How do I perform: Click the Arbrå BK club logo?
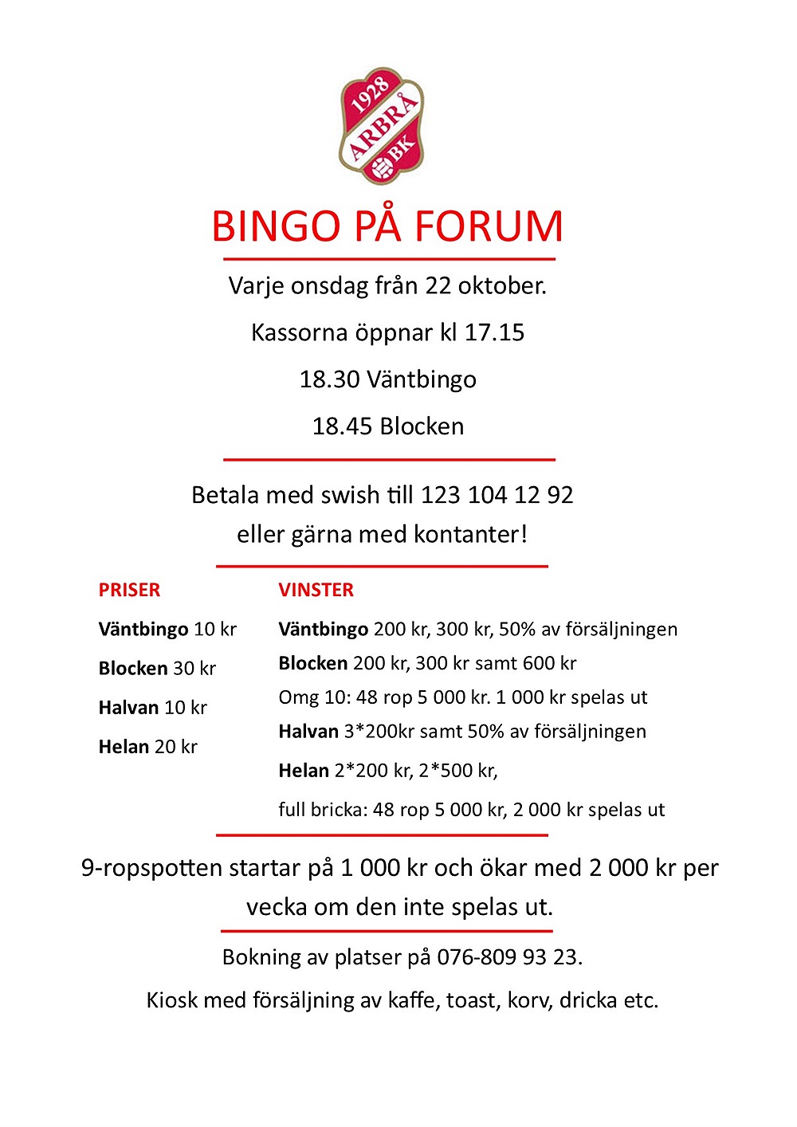(x=383, y=125)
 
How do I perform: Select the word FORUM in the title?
(x=489, y=226)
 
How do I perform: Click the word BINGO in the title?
(x=277, y=226)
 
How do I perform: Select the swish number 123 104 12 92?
(x=497, y=495)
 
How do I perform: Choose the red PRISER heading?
(x=129, y=590)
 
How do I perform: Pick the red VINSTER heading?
(x=316, y=590)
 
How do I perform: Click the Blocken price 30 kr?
(x=194, y=668)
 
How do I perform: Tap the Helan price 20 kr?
(x=175, y=747)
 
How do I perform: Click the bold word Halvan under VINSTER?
(x=308, y=731)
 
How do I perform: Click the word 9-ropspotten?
(x=151, y=868)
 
